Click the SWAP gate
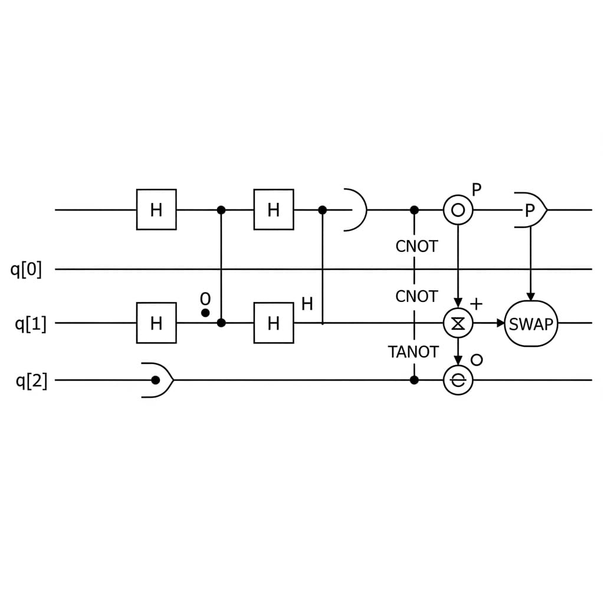click(x=531, y=323)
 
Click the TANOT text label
click(x=413, y=352)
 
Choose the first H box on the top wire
click(x=156, y=209)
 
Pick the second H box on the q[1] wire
click(x=274, y=323)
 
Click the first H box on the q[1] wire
click(x=156, y=323)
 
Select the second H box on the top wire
click(x=274, y=209)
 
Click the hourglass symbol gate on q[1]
click(x=458, y=323)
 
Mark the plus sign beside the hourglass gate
click(x=476, y=304)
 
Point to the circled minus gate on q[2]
click(x=458, y=380)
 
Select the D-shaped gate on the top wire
click(x=354, y=209)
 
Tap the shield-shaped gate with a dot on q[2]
click(x=157, y=380)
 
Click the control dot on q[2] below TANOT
click(x=414, y=380)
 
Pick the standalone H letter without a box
click(x=307, y=304)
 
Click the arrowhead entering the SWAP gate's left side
click(x=501, y=323)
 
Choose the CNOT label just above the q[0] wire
click(x=416, y=247)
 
